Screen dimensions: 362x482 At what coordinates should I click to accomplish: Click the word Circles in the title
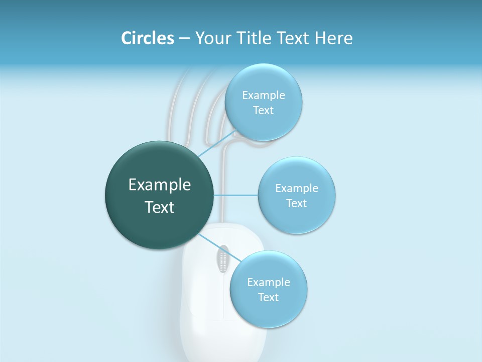pyautogui.click(x=147, y=38)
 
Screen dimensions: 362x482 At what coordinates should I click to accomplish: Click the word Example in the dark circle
pyautogui.click(x=160, y=185)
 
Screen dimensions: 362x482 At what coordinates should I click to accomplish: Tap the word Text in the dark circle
pyautogui.click(x=160, y=207)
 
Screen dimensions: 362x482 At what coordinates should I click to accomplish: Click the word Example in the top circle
pyautogui.click(x=263, y=96)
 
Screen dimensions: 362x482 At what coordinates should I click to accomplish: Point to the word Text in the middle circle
pyautogui.click(x=296, y=204)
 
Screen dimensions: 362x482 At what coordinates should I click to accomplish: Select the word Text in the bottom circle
pyautogui.click(x=268, y=298)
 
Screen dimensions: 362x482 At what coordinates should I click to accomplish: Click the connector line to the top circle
pyautogui.click(x=217, y=144)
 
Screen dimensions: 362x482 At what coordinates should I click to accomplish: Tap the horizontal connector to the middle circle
pyautogui.click(x=236, y=195)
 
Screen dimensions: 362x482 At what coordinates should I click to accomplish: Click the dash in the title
pyautogui.click(x=184, y=38)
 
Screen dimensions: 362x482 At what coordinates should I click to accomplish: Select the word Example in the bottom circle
pyautogui.click(x=268, y=282)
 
